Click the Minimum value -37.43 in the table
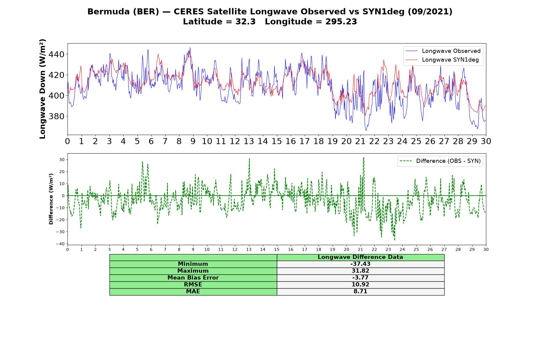tap(360, 264)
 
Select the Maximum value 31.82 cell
tap(360, 271)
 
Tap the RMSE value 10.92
tap(360, 285)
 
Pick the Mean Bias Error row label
tap(193, 278)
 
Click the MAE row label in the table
tap(193, 292)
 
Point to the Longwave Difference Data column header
tap(360, 257)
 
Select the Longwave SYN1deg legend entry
tap(442, 60)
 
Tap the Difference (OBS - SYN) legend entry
tap(440, 161)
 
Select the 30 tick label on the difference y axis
tap(62, 160)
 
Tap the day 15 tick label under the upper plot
tap(277, 141)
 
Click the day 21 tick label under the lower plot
tap(360, 249)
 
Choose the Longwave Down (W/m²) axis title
tap(43, 89)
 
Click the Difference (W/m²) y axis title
tap(51, 199)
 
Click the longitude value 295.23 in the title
tap(341, 22)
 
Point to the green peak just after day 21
tap(364, 157)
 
